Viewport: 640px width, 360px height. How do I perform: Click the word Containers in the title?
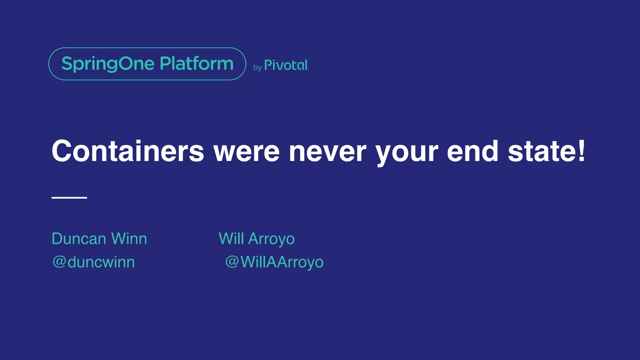(127, 151)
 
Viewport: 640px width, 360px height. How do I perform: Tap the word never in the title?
(327, 151)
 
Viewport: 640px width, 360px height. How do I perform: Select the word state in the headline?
(542, 151)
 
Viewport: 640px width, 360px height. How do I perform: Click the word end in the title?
(472, 151)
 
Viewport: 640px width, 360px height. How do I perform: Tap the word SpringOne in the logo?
(108, 64)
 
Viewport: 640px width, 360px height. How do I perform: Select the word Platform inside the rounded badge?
(197, 63)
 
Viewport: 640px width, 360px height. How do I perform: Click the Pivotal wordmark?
(286, 65)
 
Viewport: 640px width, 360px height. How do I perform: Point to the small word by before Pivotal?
(257, 67)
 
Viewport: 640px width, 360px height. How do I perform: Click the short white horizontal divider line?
(69, 197)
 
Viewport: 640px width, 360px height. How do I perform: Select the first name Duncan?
(79, 239)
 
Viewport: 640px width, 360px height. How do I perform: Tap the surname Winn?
(129, 239)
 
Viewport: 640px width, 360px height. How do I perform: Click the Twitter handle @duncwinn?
(93, 262)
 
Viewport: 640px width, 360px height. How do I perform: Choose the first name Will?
(231, 239)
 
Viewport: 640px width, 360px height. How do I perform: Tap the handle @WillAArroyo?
(274, 262)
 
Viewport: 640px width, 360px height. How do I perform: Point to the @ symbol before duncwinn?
(59, 262)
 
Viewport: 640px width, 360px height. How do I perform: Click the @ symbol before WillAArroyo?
(232, 262)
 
